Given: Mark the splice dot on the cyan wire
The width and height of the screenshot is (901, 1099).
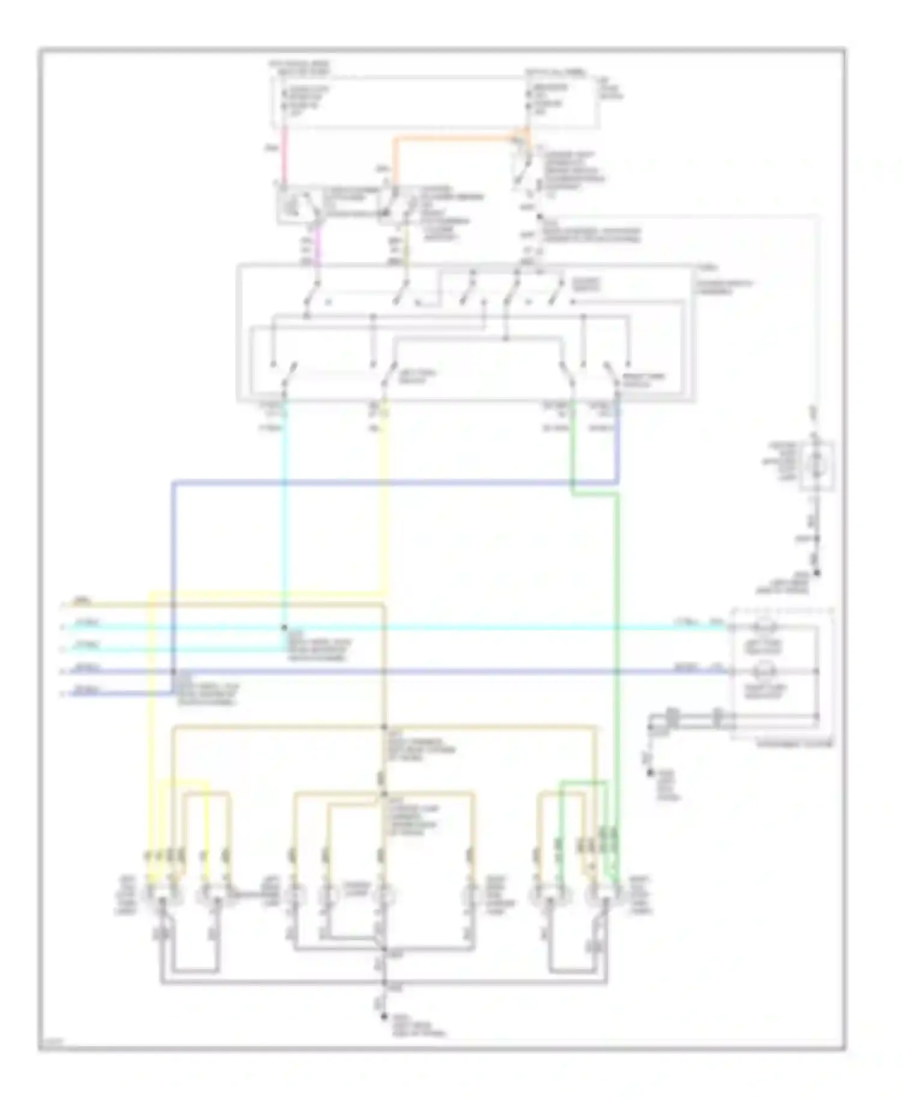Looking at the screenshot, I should pyautogui.click(x=285, y=628).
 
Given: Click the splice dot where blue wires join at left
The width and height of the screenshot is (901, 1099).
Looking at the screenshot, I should pyautogui.click(x=173, y=671).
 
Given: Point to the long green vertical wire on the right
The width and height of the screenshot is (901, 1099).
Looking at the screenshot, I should pyautogui.click(x=617, y=661).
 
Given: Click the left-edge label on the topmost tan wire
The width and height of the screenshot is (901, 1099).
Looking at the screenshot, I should pyautogui.click(x=79, y=600).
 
